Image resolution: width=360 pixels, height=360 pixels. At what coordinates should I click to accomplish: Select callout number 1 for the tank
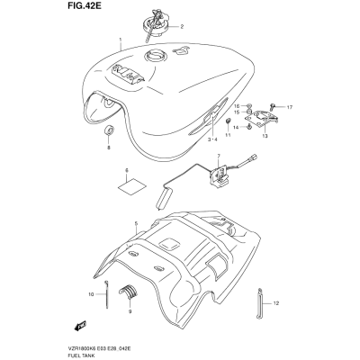(121, 40)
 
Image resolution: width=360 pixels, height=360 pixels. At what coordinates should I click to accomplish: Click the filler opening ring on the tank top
(155, 56)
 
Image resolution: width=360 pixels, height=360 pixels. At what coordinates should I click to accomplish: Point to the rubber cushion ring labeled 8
(109, 130)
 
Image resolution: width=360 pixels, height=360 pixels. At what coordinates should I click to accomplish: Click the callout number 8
(109, 148)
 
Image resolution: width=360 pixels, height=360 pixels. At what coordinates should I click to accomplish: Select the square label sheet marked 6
(131, 185)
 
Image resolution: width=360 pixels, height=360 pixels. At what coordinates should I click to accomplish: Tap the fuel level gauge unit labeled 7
(221, 176)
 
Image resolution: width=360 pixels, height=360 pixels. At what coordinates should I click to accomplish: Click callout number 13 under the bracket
(265, 136)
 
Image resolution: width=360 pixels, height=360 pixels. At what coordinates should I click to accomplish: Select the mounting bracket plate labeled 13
(265, 119)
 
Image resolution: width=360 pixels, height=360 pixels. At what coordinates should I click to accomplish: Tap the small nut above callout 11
(229, 121)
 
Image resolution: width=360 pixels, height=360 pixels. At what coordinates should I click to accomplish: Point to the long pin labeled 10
(106, 294)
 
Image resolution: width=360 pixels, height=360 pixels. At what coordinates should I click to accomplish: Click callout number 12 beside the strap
(276, 303)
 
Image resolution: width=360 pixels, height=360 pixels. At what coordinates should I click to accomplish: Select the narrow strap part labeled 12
(260, 302)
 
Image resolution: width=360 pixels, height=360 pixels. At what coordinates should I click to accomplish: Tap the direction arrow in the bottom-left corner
(80, 325)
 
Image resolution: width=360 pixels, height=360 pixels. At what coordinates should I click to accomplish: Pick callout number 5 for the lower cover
(136, 223)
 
